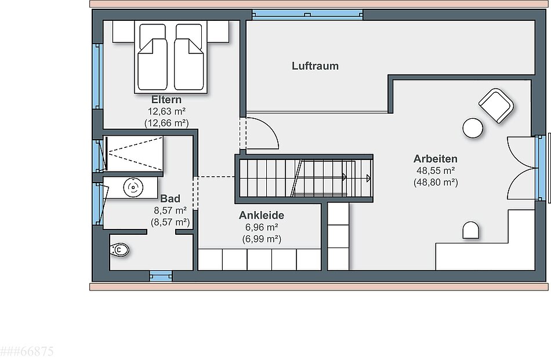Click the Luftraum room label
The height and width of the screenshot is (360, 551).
(x=315, y=66)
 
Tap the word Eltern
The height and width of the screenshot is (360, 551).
(x=166, y=99)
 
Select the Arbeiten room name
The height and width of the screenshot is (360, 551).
(x=436, y=159)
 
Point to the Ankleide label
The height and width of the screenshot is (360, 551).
(x=262, y=215)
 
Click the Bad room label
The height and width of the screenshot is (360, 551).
(x=170, y=198)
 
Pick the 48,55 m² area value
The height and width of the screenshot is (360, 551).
(x=436, y=170)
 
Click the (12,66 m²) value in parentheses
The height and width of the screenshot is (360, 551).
(x=166, y=123)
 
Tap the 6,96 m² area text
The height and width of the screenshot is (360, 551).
(x=262, y=227)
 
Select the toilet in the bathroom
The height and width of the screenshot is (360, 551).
(x=119, y=250)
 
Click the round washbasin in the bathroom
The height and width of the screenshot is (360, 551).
(x=133, y=187)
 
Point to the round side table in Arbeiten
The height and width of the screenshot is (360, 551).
(x=473, y=128)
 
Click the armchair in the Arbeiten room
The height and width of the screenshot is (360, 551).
(x=496, y=106)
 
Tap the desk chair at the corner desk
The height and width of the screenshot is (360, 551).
(x=470, y=230)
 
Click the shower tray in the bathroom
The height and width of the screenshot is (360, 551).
(x=135, y=154)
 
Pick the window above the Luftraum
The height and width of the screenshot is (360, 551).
(x=307, y=14)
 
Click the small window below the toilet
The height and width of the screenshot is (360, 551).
(x=161, y=276)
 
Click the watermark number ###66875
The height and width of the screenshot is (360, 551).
(x=27, y=351)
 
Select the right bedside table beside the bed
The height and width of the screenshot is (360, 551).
(x=218, y=32)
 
